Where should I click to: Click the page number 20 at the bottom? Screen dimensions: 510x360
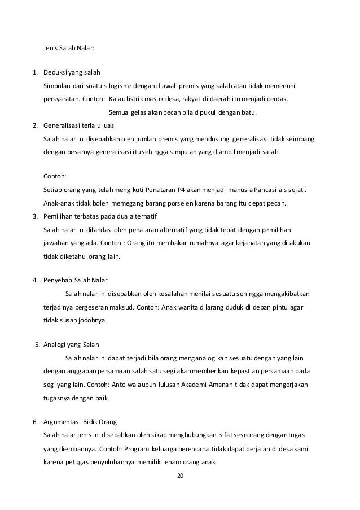point(180,476)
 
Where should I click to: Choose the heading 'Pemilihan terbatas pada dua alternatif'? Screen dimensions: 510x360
point(100,216)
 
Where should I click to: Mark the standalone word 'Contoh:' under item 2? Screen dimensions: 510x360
point(55,176)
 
